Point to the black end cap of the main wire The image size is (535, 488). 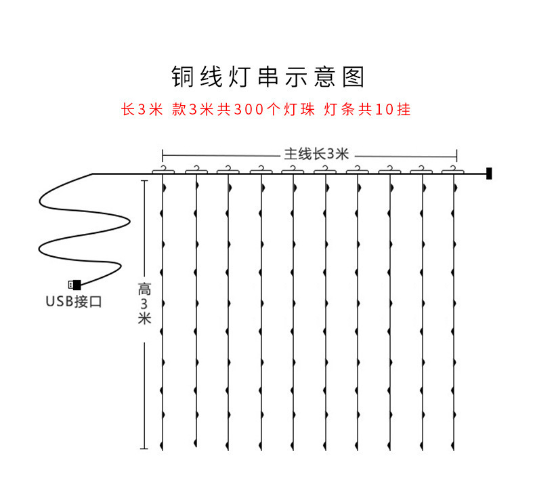(x=489, y=174)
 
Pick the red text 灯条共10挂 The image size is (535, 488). (x=368, y=110)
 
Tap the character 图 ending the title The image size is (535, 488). (x=354, y=77)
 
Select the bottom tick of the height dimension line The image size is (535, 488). (x=144, y=449)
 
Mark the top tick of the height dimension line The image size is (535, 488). (x=144, y=180)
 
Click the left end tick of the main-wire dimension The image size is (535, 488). (x=163, y=154)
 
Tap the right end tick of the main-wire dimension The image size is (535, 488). (x=457, y=154)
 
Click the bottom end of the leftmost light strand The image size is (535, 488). (x=163, y=448)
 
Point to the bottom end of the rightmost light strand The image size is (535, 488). (x=454, y=448)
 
